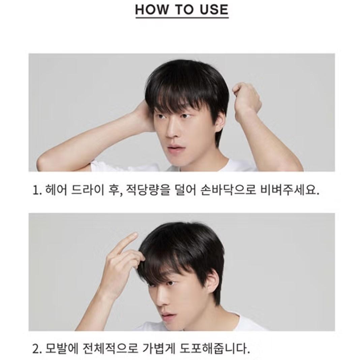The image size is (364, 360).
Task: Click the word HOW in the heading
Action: click(x=152, y=9)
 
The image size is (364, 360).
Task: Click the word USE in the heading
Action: click(x=214, y=9)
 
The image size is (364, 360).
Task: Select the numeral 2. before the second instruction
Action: click(x=37, y=350)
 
